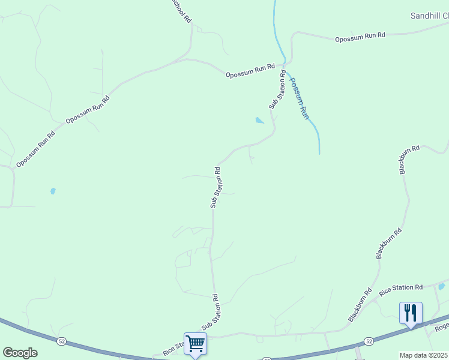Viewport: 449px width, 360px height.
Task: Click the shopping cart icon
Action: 195,344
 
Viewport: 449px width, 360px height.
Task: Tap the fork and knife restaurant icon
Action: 411,313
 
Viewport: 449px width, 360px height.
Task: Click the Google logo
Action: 20,353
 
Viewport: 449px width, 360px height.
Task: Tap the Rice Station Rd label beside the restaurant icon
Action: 401,289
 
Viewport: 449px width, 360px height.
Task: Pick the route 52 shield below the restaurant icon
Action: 369,341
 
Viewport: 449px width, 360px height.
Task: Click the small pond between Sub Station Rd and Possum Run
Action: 259,121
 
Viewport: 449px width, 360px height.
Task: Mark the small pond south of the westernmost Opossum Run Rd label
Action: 53,191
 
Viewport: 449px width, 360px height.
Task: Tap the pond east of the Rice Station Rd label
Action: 441,287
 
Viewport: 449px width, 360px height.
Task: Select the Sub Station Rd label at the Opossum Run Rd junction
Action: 277,90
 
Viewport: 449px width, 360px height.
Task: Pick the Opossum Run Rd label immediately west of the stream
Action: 250,71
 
